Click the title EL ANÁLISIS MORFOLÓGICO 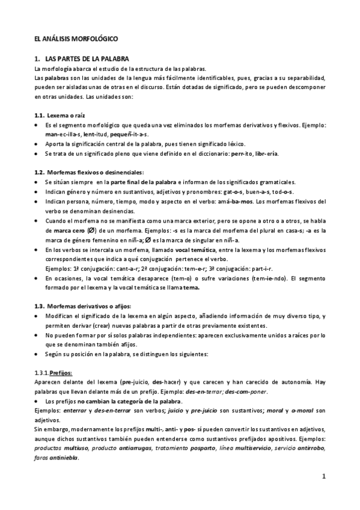pos(76,38)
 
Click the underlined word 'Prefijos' pos(61,372)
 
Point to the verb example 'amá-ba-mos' pos(240,201)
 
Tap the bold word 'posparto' pos(188,449)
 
